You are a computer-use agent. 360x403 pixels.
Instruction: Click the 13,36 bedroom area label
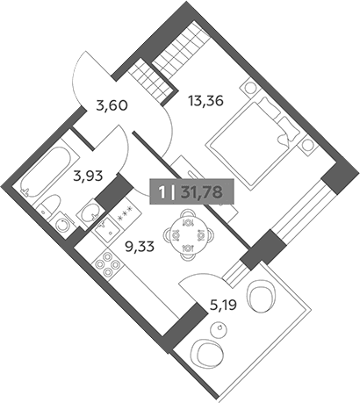pyautogui.click(x=205, y=101)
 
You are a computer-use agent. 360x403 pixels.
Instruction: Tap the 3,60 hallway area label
pyautogui.click(x=112, y=105)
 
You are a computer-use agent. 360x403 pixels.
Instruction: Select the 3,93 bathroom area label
pyautogui.click(x=88, y=176)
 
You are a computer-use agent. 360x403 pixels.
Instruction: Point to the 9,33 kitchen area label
pyautogui.click(x=140, y=248)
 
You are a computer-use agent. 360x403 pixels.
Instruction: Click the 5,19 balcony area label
pyautogui.click(x=223, y=306)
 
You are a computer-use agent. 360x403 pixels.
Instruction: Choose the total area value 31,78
pyautogui.click(x=202, y=192)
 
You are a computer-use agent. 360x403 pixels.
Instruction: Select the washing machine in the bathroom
pyautogui.click(x=62, y=225)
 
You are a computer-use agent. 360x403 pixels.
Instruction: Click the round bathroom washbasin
pyautogui.click(x=90, y=212)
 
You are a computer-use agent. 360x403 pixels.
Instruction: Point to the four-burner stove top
pyautogui.click(x=107, y=264)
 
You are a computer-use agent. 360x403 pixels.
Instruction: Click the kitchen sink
pyautogui.click(x=106, y=229)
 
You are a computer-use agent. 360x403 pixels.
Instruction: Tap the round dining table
pyautogui.click(x=187, y=234)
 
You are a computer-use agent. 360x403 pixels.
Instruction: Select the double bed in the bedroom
pyautogui.click(x=254, y=142)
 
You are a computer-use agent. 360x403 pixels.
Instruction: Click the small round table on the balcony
pyautogui.click(x=219, y=328)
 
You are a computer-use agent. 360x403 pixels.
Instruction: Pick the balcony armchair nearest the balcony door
pyautogui.click(x=262, y=298)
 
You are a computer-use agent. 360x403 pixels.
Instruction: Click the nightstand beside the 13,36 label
pyautogui.click(x=249, y=88)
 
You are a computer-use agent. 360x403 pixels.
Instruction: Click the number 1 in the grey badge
pyautogui.click(x=162, y=192)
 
